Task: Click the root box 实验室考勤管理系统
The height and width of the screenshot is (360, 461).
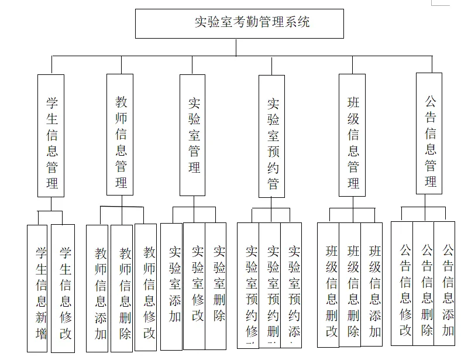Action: [239, 23]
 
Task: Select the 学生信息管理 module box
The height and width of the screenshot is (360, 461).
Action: [51, 135]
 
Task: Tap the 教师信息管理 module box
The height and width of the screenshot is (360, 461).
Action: [120, 135]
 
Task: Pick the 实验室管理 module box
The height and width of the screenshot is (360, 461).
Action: [192, 135]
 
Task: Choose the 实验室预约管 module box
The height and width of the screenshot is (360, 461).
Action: [272, 136]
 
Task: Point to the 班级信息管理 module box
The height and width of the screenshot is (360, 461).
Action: [353, 135]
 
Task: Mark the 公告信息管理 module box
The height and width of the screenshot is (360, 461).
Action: [429, 133]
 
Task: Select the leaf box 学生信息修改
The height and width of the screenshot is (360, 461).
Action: [63, 288]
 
